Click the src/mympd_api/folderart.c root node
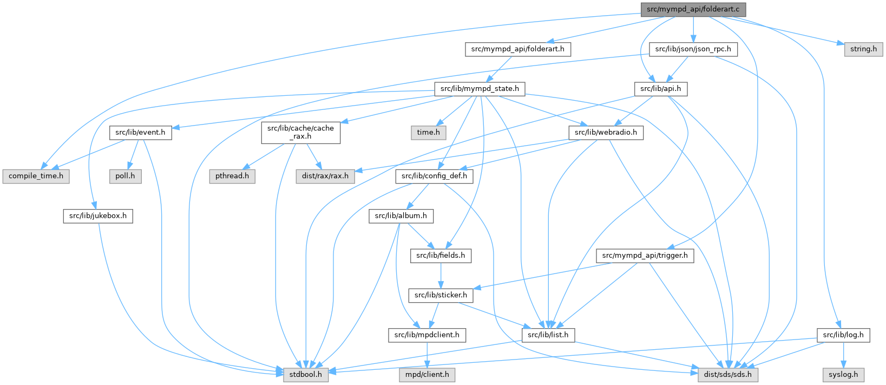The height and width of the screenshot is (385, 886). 693,10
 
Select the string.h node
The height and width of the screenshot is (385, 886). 863,49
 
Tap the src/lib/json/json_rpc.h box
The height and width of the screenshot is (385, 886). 693,49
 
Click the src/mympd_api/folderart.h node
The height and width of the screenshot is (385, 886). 517,49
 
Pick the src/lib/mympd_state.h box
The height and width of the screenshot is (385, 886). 480,89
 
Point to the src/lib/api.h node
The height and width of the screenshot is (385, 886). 660,89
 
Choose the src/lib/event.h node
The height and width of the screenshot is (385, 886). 140,133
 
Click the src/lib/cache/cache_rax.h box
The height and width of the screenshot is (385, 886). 300,133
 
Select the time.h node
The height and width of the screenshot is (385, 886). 428,133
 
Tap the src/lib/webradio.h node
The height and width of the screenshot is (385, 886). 606,133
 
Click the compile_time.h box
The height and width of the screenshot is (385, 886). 36,177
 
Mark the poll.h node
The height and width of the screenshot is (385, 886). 125,177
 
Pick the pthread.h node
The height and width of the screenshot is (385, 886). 232,177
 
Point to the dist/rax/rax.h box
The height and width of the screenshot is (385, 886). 325,177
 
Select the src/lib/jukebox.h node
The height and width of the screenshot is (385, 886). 97,216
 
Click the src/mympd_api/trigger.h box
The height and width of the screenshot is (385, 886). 645,256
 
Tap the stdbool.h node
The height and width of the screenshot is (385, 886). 306,375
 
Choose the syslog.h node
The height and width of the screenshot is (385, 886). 843,375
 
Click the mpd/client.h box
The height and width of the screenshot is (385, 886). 428,375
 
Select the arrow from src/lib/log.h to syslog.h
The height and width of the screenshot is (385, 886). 843,355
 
